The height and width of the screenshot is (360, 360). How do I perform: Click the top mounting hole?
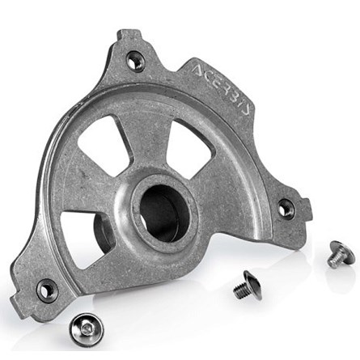click(136, 59)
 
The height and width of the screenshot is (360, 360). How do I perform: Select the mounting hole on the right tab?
click(286, 208)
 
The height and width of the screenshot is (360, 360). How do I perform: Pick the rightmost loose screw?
click(341, 254)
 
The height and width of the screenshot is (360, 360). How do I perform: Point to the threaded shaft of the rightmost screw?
click(334, 260)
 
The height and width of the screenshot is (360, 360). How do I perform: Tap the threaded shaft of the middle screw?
click(239, 290)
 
